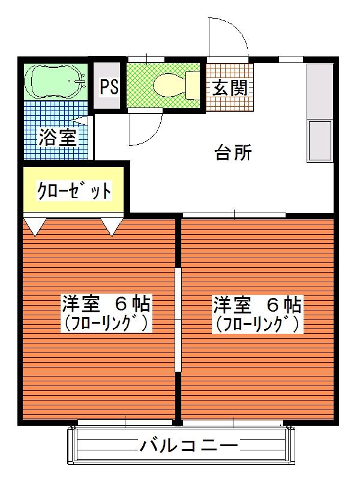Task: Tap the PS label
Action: (x=109, y=87)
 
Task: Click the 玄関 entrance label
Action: (x=230, y=88)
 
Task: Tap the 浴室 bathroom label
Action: (x=58, y=138)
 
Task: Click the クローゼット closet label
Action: (x=74, y=191)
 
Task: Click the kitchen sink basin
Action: (x=319, y=141)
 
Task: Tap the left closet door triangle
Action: (x=35, y=226)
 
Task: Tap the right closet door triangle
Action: (x=112, y=226)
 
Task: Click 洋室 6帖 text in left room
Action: (x=106, y=303)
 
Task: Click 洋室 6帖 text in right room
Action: (x=257, y=304)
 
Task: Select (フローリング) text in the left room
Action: (x=106, y=324)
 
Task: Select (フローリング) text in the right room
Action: (x=257, y=324)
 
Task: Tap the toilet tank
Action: (x=193, y=85)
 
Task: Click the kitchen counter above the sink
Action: (x=319, y=90)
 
